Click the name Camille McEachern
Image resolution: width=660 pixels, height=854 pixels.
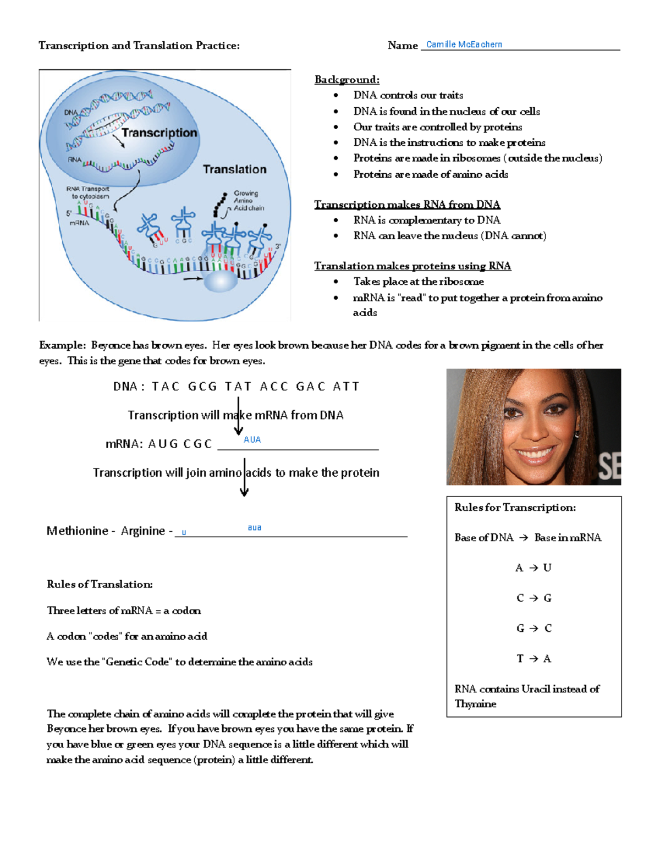click(464, 45)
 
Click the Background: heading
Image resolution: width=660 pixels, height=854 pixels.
click(346, 80)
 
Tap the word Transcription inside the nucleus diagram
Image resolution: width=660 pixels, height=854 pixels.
click(159, 133)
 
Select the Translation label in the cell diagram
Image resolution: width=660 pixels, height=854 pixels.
click(234, 169)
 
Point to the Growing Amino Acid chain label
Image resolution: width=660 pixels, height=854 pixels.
click(248, 201)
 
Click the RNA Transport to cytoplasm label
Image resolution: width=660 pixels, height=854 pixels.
click(89, 192)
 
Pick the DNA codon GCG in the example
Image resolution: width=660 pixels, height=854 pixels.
click(202, 387)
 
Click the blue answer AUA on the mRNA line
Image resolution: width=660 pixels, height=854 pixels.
click(252, 439)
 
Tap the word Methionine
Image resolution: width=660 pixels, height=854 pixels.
click(78, 531)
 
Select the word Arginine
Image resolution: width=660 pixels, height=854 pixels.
click(143, 531)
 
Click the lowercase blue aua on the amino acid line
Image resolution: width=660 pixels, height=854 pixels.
click(254, 527)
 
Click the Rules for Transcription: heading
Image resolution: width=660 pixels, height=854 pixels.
click(515, 508)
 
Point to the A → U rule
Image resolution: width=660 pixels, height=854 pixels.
click(533, 568)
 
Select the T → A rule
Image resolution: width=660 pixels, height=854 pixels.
click(533, 659)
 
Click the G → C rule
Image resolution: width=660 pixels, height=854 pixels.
click(533, 629)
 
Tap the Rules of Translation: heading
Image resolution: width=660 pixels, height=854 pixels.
click(100, 584)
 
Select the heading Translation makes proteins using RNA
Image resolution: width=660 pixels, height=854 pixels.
click(412, 266)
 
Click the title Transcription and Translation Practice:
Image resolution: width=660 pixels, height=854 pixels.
click(139, 46)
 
